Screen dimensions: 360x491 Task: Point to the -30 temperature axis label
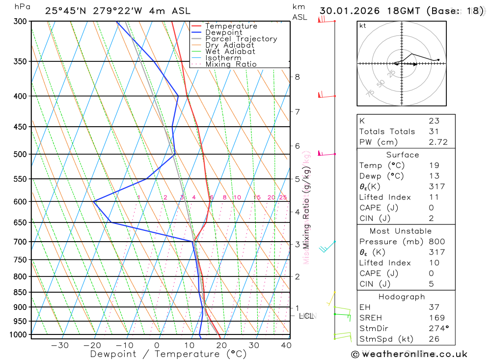[x=60, y=345]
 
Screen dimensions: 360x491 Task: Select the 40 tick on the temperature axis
[x=285, y=345]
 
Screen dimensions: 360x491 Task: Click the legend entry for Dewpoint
[x=224, y=32]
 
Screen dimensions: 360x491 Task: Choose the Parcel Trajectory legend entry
[x=241, y=39]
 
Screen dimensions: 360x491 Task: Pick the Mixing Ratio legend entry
[x=231, y=64]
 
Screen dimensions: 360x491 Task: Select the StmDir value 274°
[x=436, y=328]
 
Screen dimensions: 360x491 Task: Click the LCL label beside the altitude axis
[x=306, y=316]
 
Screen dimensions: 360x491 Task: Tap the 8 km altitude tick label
[x=297, y=77]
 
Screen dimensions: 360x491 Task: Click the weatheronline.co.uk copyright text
[x=409, y=354]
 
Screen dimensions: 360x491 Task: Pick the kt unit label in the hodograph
[x=363, y=26]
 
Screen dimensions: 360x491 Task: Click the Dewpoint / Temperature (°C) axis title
[x=168, y=354]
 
